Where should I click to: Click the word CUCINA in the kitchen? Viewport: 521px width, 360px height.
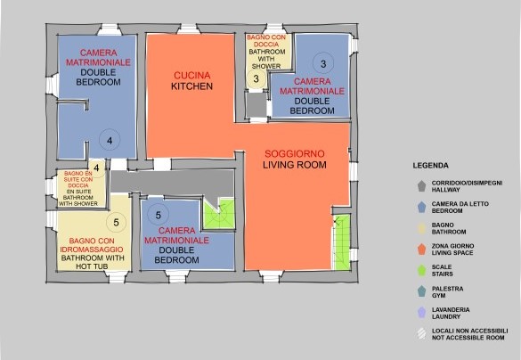[x=192, y=76]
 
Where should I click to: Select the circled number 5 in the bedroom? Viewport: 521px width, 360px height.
[x=159, y=215]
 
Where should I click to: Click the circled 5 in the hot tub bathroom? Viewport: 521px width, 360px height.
[x=117, y=223]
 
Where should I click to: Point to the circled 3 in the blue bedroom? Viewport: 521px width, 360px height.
[x=323, y=63]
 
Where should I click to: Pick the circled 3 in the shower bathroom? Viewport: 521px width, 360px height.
[x=256, y=78]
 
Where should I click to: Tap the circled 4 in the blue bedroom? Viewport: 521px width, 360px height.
[x=110, y=140]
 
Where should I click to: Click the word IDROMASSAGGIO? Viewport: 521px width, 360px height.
[x=92, y=250]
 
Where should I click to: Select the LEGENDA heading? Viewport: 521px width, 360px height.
[x=431, y=166]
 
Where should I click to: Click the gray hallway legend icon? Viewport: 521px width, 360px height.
[x=421, y=186]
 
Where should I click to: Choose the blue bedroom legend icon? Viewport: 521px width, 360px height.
[x=421, y=207]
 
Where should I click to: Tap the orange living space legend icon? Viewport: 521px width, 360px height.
[x=421, y=250]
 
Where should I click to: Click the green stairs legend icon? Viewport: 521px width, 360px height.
[x=421, y=270]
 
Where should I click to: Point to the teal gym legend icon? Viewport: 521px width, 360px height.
[x=421, y=291]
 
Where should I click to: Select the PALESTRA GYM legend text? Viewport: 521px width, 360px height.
[x=447, y=292]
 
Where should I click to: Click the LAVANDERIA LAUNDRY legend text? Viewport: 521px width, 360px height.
[x=451, y=313]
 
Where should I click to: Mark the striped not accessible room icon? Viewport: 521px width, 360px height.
[x=421, y=334]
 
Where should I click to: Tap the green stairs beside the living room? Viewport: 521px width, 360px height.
[x=342, y=241]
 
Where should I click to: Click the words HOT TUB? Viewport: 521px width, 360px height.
[x=92, y=266]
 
